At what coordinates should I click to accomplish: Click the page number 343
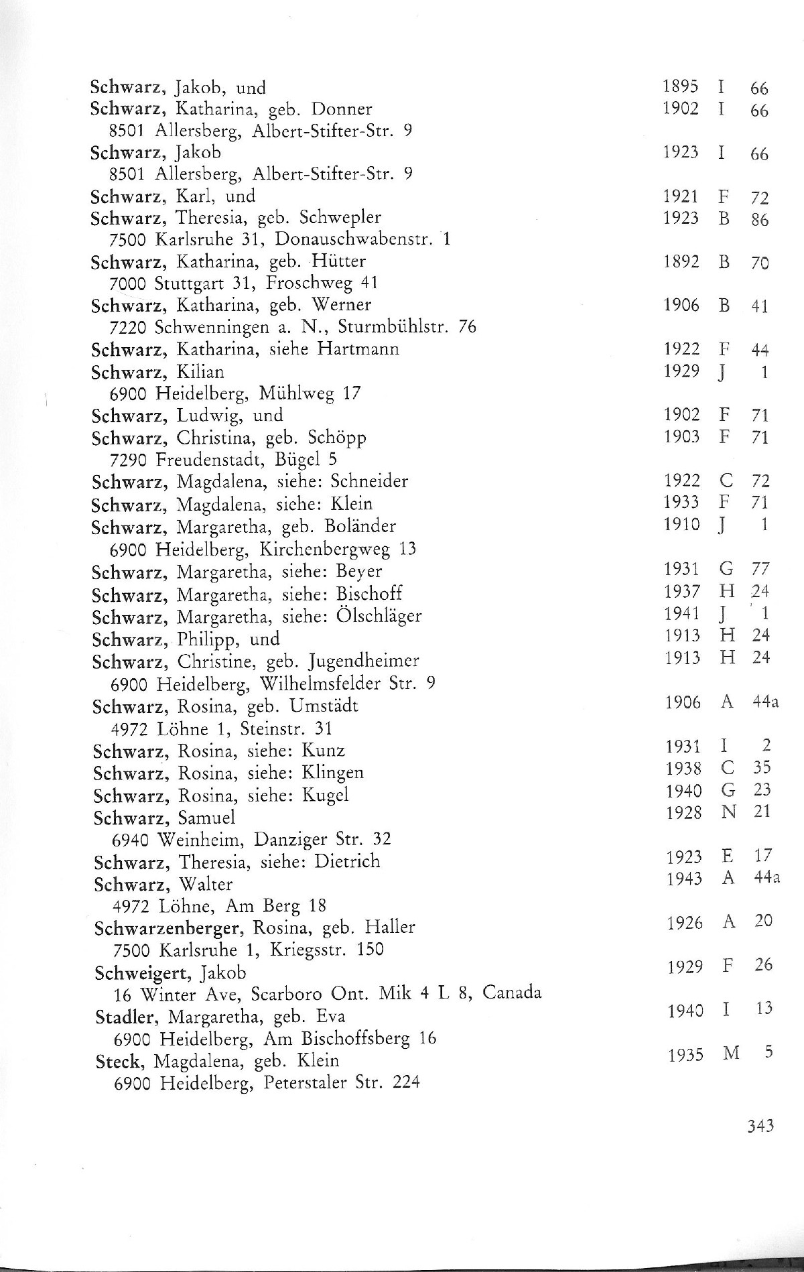[x=760, y=1125]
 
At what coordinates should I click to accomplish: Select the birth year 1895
[x=681, y=86]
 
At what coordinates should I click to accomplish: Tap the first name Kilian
[x=200, y=371]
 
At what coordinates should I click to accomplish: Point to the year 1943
[x=685, y=878]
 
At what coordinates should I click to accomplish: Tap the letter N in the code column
[x=729, y=812]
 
